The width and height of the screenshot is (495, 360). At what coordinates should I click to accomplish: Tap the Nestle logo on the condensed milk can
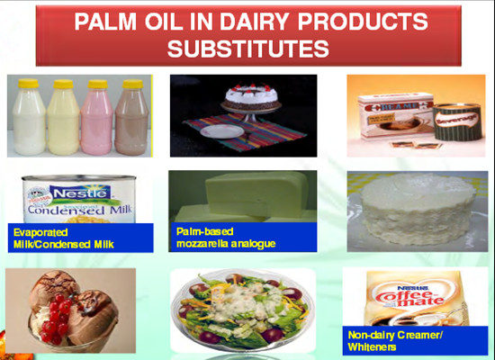coord(82,192)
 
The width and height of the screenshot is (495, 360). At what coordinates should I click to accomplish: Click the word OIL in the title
coord(170,21)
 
